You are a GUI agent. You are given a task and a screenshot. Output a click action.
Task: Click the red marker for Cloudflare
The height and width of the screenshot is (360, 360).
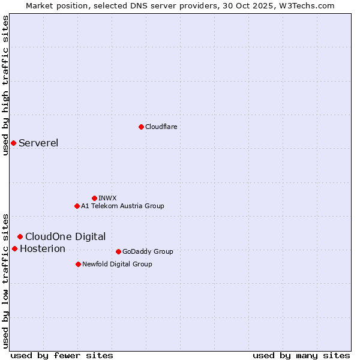141,127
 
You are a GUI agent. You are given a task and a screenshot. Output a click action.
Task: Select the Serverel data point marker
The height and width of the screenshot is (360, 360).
13,143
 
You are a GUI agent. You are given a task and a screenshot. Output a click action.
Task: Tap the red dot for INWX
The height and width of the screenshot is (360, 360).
94,198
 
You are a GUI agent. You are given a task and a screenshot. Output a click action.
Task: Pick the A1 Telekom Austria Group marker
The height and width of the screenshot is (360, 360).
77,206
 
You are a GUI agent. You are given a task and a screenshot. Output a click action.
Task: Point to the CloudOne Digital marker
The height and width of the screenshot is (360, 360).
20,236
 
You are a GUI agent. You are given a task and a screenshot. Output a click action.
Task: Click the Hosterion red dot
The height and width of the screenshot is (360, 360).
14,248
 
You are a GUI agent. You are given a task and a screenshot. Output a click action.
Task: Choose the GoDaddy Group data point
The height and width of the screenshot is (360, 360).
118,251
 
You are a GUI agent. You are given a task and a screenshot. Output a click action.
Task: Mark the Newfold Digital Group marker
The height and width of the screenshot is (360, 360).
78,264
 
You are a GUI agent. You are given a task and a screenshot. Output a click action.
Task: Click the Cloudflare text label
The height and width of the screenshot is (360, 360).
161,127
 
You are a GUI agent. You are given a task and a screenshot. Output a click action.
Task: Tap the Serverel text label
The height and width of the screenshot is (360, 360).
38,143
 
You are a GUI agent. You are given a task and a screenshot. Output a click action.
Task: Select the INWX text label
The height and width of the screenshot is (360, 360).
107,198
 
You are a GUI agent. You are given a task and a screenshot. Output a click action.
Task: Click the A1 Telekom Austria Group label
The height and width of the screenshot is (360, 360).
122,206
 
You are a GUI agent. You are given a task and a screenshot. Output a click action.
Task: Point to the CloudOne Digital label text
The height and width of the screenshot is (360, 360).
65,236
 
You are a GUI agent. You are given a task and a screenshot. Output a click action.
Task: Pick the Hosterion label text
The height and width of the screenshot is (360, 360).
43,248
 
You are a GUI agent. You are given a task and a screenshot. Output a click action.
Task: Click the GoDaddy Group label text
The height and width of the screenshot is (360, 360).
148,251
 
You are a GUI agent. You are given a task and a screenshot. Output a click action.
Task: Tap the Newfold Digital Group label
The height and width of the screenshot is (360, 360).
117,264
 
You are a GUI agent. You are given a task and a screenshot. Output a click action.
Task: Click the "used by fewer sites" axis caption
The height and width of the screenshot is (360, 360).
62,355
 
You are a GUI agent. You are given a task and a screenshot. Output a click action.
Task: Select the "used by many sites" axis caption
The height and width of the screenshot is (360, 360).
301,355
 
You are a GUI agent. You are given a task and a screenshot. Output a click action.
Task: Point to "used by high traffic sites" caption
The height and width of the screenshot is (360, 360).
5,85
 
